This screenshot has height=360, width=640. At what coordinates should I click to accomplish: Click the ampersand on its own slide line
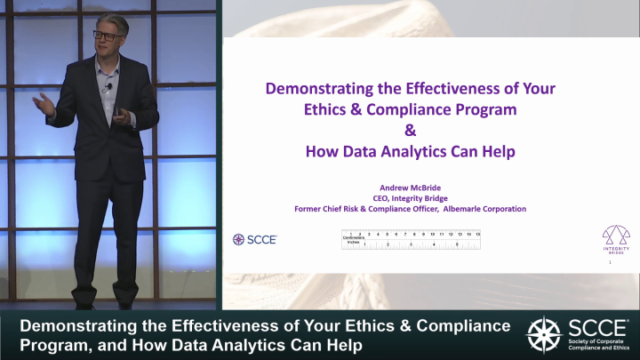[410, 130]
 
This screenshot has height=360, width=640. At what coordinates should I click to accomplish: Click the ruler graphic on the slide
[411, 239]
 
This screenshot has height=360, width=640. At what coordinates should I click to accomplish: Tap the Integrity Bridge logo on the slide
[615, 238]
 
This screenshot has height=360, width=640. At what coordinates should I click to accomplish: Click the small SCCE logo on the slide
[255, 239]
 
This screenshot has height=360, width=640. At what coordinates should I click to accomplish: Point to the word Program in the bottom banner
[52, 344]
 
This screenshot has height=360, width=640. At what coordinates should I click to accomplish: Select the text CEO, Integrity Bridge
[410, 197]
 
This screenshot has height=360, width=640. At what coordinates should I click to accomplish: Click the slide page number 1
[610, 263]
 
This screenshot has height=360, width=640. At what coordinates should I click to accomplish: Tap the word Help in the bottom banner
[340, 344]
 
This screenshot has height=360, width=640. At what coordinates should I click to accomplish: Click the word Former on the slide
[310, 209]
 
